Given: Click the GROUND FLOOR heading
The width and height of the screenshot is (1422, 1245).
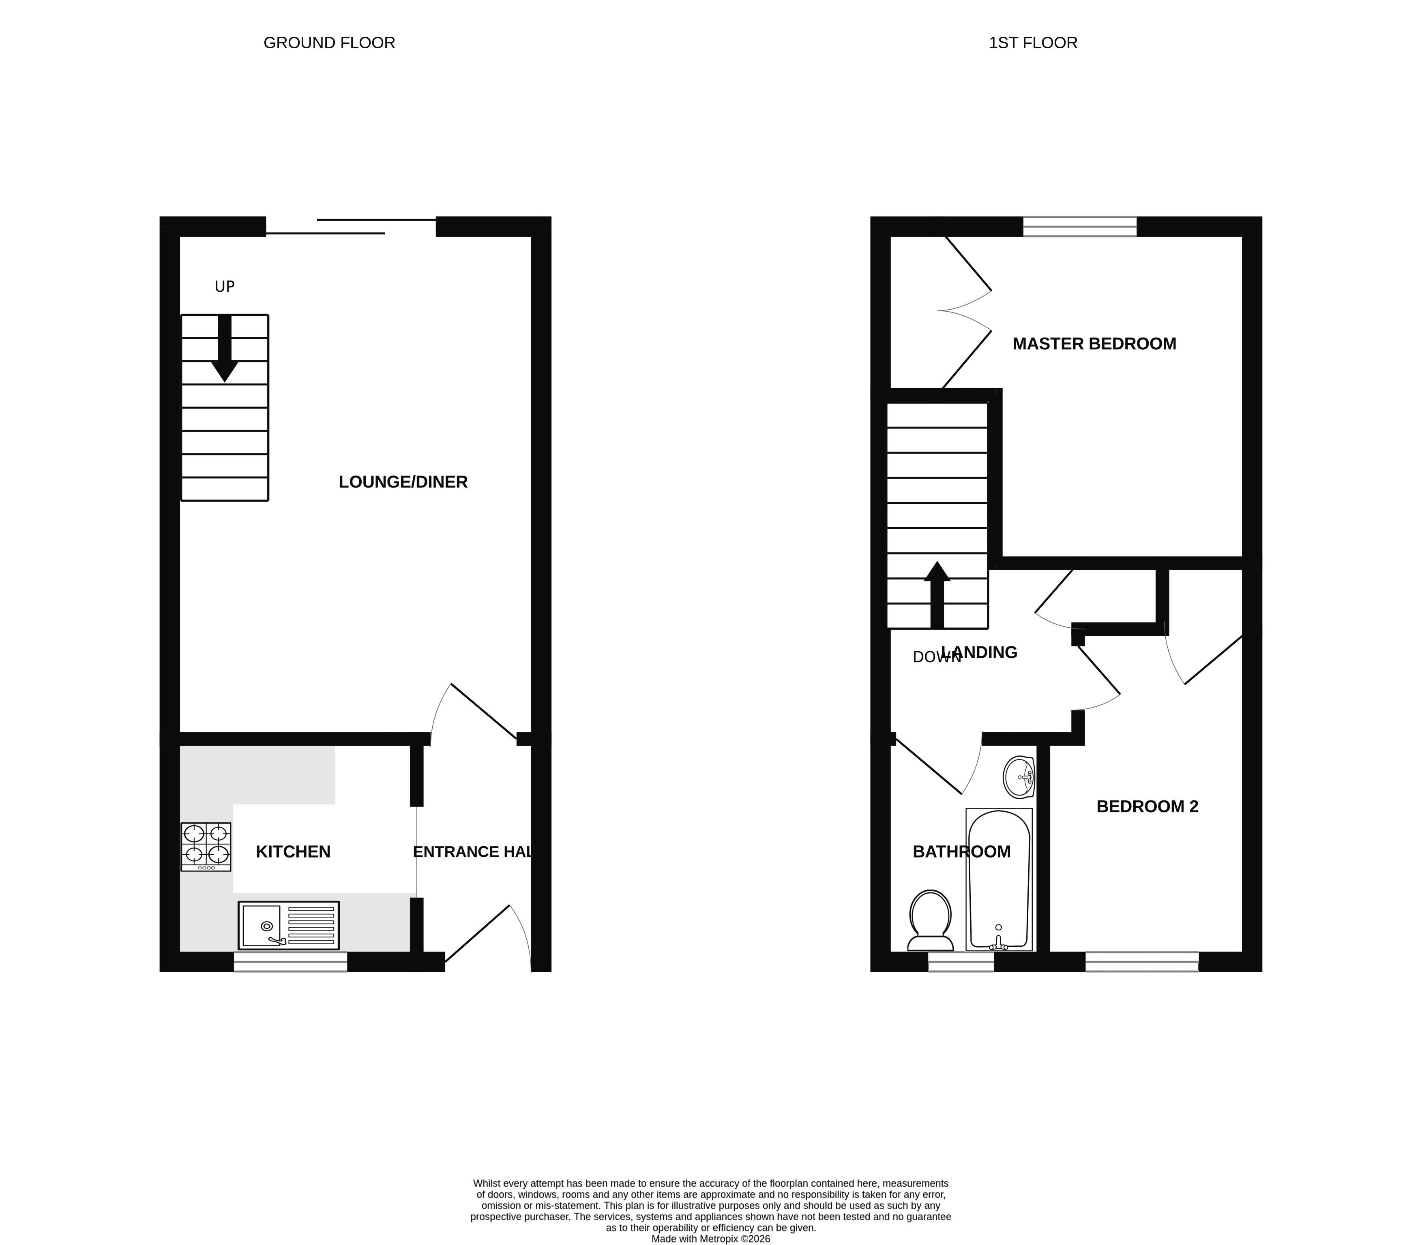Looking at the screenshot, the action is [x=329, y=43].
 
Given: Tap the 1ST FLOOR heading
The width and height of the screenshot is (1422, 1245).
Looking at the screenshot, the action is [x=1033, y=43].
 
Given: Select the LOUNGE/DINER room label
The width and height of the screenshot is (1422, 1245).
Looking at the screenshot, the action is [x=403, y=482].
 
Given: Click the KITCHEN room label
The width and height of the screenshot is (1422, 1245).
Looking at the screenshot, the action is [x=293, y=852].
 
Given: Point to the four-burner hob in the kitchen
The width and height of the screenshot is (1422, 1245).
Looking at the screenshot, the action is [x=206, y=847].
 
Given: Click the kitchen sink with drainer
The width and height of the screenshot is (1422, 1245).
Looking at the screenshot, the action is [x=288, y=925].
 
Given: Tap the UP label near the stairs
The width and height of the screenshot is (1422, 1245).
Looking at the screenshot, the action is [x=225, y=286].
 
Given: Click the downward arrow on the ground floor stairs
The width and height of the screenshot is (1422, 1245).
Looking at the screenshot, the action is [x=225, y=348].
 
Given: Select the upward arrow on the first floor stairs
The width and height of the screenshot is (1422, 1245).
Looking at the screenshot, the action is [x=937, y=595].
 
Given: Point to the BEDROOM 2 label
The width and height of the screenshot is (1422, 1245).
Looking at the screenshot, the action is [x=1147, y=806].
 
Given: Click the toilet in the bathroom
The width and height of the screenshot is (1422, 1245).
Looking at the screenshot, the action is [x=930, y=920].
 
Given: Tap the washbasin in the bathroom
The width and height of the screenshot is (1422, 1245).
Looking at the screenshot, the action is [x=1019, y=777].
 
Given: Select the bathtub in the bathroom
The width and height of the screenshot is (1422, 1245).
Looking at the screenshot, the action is [x=999, y=879].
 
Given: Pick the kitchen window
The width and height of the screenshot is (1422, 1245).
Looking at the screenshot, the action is [x=290, y=962].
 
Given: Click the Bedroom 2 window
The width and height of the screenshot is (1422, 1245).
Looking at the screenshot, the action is [x=1142, y=962].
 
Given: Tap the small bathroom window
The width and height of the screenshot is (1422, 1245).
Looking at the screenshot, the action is [x=961, y=962].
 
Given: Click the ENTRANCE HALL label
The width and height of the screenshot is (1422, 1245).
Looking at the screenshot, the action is [x=473, y=852].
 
